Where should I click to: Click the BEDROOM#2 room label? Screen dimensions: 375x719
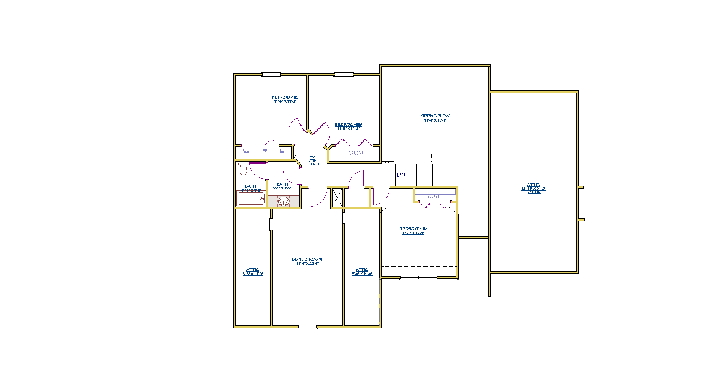click(285, 97)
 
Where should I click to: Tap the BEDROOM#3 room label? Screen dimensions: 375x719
click(348, 125)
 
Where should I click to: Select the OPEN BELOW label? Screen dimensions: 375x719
click(435, 116)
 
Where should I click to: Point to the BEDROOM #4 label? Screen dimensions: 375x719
click(413, 229)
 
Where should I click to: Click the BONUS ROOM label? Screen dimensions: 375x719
click(307, 259)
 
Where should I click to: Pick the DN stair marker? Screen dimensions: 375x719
click(401, 175)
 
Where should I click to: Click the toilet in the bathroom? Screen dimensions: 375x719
click(243, 168)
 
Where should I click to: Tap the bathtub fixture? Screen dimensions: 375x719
click(251, 199)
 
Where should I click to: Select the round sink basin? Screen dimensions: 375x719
click(284, 201)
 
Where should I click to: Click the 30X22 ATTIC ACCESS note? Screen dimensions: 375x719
click(314, 161)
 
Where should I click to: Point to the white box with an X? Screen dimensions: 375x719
click(337, 197)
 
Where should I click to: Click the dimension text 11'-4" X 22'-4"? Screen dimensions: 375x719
click(307, 264)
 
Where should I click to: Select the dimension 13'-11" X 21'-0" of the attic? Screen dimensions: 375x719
click(533, 189)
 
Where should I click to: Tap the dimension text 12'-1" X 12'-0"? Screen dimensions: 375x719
click(413, 233)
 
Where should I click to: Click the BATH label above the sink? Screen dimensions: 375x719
click(282, 184)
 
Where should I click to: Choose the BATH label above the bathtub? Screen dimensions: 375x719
click(250, 186)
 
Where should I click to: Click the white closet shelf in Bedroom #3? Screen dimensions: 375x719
click(354, 158)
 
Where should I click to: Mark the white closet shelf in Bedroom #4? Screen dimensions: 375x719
click(435, 192)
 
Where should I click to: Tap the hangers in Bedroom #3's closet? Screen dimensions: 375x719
click(356, 153)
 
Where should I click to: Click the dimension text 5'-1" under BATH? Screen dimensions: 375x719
click(282, 188)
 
